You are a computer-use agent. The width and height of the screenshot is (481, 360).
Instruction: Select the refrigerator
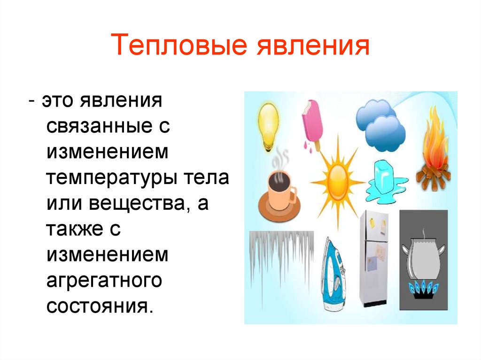pos(376,258)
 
